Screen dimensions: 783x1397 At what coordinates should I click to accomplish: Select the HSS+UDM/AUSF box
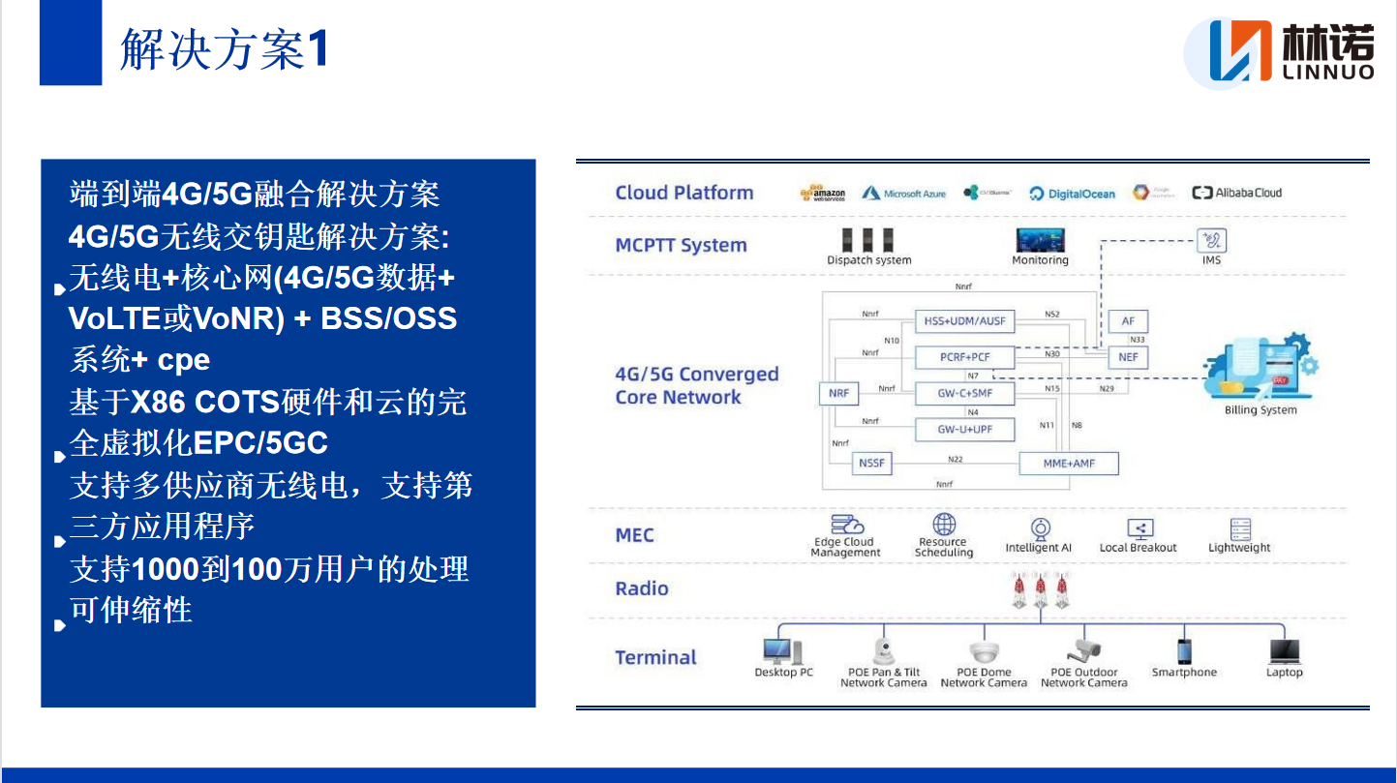pyautogui.click(x=964, y=320)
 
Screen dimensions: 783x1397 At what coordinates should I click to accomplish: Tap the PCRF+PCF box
pyautogui.click(x=964, y=357)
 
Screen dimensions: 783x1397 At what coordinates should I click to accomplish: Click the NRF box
pyautogui.click(x=837, y=393)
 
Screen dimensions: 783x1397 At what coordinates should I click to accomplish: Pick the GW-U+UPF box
pyautogui.click(x=964, y=429)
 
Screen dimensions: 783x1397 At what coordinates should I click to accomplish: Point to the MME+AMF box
pyautogui.click(x=1069, y=464)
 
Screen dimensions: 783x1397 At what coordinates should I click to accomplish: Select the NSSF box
pyautogui.click(x=871, y=464)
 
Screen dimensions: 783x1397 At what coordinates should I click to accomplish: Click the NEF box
pyautogui.click(x=1128, y=357)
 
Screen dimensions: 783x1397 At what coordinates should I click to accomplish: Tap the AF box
pyautogui.click(x=1128, y=321)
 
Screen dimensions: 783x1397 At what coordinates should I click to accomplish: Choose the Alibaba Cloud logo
pyautogui.click(x=1236, y=193)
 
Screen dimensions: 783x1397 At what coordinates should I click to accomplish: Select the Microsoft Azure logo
pyautogui.click(x=903, y=194)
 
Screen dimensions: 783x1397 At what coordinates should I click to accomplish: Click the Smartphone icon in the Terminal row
pyautogui.click(x=1183, y=651)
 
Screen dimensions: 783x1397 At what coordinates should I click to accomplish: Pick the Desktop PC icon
pyautogui.click(x=782, y=651)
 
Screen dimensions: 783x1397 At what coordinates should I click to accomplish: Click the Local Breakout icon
pyautogui.click(x=1139, y=529)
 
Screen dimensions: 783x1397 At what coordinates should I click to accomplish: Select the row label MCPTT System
pyautogui.click(x=681, y=246)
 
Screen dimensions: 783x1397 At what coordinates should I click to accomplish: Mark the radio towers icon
pyautogui.click(x=1041, y=588)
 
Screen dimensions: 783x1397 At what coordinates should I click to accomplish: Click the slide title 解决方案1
pyautogui.click(x=224, y=49)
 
